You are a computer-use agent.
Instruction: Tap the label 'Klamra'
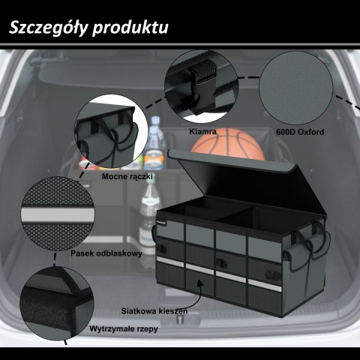pos(203,131)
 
